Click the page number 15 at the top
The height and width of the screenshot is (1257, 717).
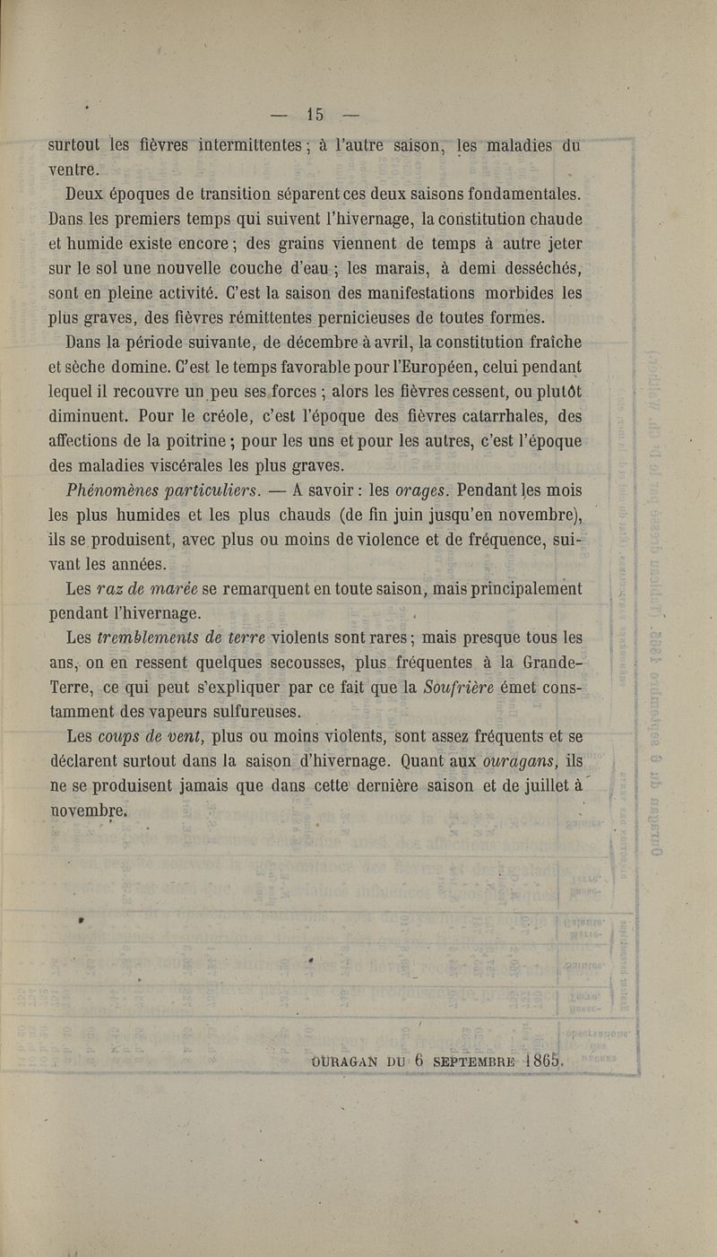pos(314,114)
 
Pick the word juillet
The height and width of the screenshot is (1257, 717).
pos(540,785)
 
